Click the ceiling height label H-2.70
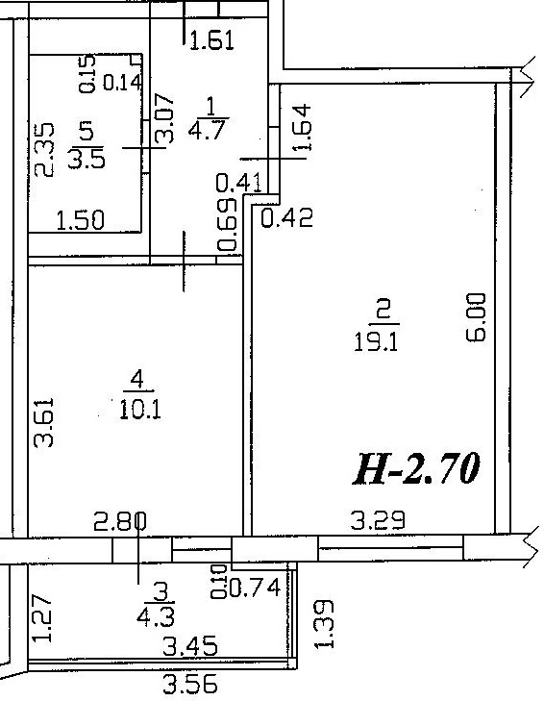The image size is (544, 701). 416,468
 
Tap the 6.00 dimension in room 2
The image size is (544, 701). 476,317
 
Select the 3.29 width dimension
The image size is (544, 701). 378,520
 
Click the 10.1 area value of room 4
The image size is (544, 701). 140,410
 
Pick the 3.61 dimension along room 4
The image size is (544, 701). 44,422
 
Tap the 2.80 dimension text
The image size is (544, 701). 120,521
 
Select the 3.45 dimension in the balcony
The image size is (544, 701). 190,646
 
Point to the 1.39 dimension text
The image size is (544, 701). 324,624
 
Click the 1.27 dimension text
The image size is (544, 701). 43,618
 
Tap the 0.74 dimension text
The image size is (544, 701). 255,588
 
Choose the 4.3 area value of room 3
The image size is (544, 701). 156,617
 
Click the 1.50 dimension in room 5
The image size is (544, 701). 81,220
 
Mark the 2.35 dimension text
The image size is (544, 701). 45,150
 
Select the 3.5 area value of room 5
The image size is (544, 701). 87,159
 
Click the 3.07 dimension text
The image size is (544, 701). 163,118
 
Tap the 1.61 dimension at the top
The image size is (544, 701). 211,40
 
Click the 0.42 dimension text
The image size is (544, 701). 286,218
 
